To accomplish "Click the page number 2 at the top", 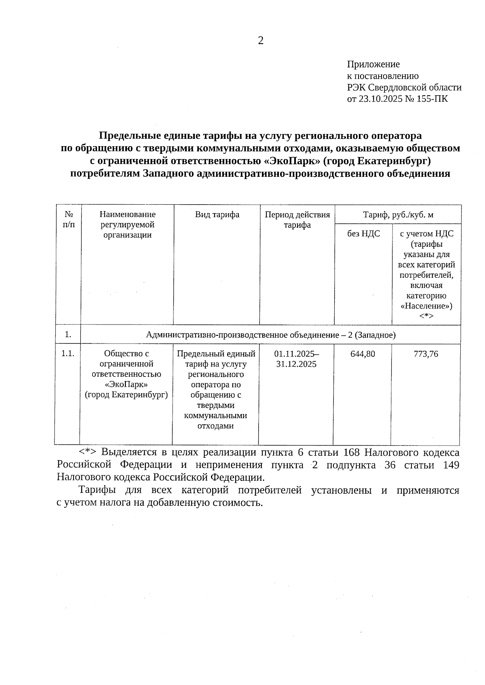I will [x=261, y=40].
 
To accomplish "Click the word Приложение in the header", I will [x=373, y=64].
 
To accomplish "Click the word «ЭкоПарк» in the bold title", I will [x=291, y=161].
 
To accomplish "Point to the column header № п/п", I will [x=69, y=219].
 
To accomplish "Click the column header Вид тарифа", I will [x=217, y=215].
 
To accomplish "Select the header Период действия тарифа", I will [x=297, y=220].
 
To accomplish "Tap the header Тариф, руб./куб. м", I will [x=398, y=215].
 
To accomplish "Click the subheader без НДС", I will [x=363, y=234].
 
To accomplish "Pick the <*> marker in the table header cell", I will [x=426, y=316].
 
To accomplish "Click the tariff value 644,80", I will [x=363, y=354].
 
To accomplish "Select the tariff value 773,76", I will [x=426, y=354].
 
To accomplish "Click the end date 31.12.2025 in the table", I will [x=296, y=364].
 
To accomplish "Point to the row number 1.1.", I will [x=67, y=354].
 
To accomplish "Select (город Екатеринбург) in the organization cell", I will [x=126, y=395].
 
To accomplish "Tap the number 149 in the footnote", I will [x=451, y=465].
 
